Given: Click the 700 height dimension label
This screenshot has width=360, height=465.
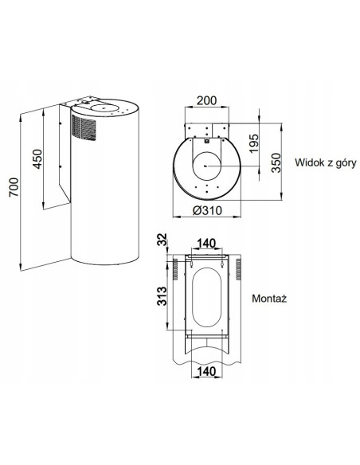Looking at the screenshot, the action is tap(14, 187).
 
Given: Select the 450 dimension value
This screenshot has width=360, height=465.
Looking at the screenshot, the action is tap(37, 159).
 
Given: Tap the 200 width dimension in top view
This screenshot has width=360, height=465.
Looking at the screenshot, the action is tap(207, 100).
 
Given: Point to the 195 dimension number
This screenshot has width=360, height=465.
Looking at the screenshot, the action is tap(254, 143).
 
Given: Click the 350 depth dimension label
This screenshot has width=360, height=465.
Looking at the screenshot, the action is tap(276, 162).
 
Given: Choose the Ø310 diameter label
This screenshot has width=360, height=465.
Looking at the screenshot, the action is tap(207, 210).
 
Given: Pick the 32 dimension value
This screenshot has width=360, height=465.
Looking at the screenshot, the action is tap(162, 240).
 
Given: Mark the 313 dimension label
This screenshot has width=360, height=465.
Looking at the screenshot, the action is tap(162, 296).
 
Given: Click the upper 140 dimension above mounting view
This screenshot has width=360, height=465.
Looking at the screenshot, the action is tap(206, 244).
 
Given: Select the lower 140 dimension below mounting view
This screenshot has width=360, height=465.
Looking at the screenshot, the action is tap(206, 371).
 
